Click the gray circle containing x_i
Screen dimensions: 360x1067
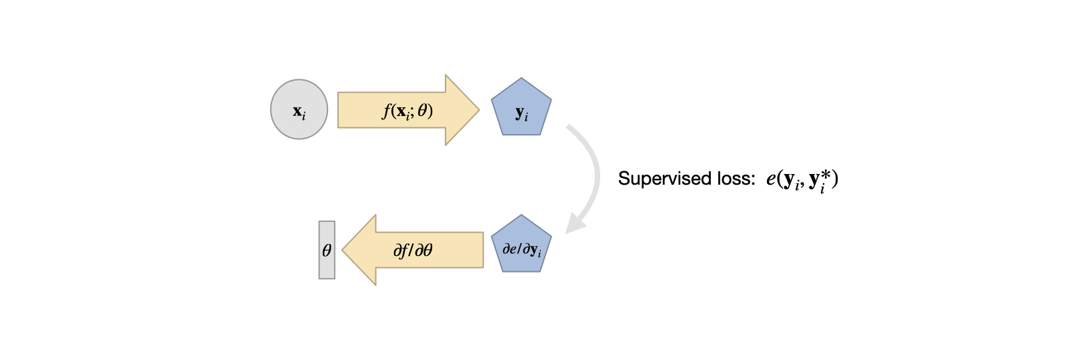299,109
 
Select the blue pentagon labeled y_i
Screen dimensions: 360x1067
521,109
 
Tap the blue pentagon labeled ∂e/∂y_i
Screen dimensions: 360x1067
521,245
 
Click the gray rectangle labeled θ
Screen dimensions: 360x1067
327,250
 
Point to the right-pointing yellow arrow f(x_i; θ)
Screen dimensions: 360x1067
400,110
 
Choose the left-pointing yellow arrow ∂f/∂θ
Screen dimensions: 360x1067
420,250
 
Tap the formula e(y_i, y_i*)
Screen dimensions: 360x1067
802,179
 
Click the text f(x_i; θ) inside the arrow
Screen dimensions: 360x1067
407,110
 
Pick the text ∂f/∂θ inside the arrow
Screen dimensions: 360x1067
413,251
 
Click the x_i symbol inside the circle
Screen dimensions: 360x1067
299,111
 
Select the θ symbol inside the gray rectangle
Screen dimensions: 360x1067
327,251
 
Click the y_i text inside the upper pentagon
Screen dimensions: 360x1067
521,113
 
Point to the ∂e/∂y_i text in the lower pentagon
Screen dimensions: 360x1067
521,250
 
